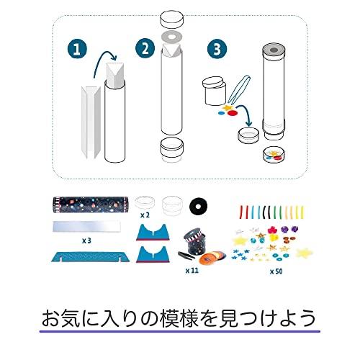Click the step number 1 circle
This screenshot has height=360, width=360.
coord(77,49)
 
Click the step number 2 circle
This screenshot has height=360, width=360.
coord(145,48)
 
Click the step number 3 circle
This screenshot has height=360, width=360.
coord(217,49)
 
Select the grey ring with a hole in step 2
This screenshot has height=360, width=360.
coord(172,37)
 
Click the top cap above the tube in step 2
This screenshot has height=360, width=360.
coord(172,19)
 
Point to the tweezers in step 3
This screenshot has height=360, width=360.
coord(240,89)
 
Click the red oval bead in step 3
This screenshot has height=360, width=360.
coord(233,113)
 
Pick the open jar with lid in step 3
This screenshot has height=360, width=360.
coord(215,91)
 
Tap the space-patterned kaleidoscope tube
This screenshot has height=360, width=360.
coord(91,204)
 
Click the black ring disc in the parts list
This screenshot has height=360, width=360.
coord(198,206)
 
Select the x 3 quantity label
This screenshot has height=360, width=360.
coord(86,240)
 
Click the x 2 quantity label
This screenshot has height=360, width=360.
coord(145,215)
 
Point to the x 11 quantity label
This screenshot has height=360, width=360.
coord(192,271)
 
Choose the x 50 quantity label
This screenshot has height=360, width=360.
coord(276,271)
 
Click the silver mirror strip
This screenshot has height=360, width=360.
coord(86,227)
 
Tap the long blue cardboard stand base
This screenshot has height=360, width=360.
coord(91,256)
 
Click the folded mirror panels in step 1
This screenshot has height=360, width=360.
coord(91,122)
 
